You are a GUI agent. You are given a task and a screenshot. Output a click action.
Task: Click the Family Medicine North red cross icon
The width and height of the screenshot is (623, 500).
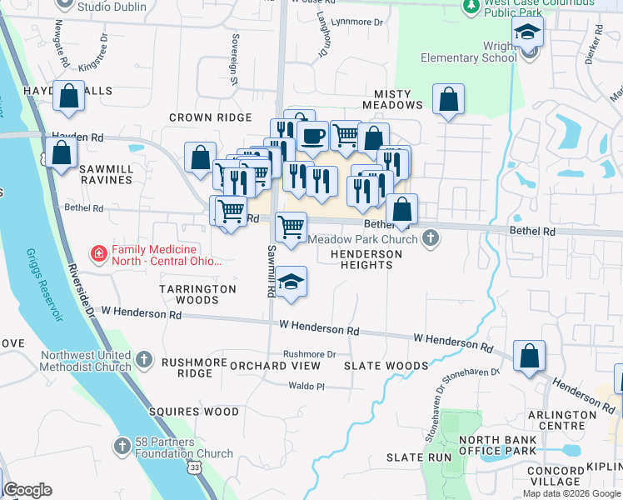[x=99, y=251]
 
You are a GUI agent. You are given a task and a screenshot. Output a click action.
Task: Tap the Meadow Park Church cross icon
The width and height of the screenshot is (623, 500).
[x=431, y=239]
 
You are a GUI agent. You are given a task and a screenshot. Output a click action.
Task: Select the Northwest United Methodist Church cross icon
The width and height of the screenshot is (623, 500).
[x=144, y=360]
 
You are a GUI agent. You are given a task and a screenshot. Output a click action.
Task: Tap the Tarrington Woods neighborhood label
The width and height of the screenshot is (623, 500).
[x=197, y=294]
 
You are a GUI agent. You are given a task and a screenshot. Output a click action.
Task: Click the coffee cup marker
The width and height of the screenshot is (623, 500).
[x=312, y=136]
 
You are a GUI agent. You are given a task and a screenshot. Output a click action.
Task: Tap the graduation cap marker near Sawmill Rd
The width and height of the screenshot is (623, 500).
[x=291, y=282]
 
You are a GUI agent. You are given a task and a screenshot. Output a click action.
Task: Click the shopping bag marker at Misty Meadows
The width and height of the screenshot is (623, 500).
[x=449, y=100]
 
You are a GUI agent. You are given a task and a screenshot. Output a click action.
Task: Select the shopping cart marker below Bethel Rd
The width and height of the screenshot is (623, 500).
[x=291, y=227]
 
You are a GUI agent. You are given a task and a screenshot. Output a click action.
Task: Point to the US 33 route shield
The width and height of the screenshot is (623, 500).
[x=194, y=469]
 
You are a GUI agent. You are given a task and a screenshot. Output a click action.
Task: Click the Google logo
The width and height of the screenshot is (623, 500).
[x=27, y=490]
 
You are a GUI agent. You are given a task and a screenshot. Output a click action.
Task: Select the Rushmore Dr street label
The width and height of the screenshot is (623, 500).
[x=309, y=354]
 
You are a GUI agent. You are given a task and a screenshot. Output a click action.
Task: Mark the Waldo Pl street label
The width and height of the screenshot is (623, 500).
[x=306, y=386]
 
